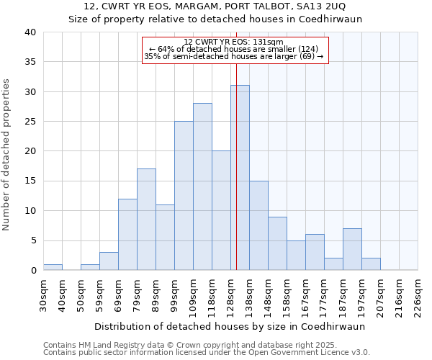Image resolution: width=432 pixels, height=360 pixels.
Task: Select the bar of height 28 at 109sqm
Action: point(202,186)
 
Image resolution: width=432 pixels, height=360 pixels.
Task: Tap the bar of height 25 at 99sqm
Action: point(184,196)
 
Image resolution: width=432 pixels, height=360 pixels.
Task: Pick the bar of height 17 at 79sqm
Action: point(146,220)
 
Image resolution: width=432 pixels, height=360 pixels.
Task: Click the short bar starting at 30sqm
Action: point(53,267)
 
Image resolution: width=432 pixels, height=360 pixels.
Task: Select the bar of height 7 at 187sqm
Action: point(352,249)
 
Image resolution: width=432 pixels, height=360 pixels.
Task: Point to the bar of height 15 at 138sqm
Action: point(258,225)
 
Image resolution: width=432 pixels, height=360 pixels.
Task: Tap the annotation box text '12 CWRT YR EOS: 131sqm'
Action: point(233,42)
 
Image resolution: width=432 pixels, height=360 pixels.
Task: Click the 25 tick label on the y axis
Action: point(30,122)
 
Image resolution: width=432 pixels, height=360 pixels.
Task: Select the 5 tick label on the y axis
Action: point(32,240)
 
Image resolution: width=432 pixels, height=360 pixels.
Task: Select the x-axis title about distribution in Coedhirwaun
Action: point(230,326)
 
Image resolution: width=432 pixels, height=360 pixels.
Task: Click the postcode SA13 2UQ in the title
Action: point(325,6)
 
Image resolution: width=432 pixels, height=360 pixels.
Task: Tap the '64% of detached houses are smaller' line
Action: point(233,49)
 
